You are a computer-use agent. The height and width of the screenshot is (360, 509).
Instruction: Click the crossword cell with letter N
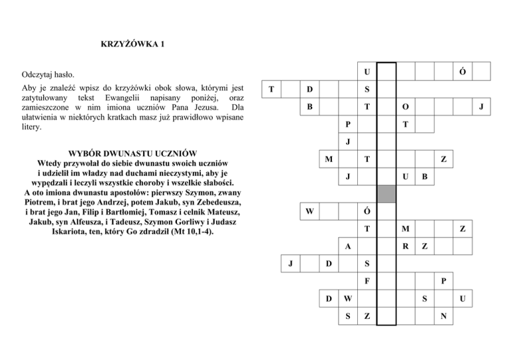pos(444,317)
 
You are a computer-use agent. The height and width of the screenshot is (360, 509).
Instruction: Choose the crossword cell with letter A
pos(348,246)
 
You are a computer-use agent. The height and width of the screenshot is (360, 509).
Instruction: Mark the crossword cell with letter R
pos(405,247)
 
